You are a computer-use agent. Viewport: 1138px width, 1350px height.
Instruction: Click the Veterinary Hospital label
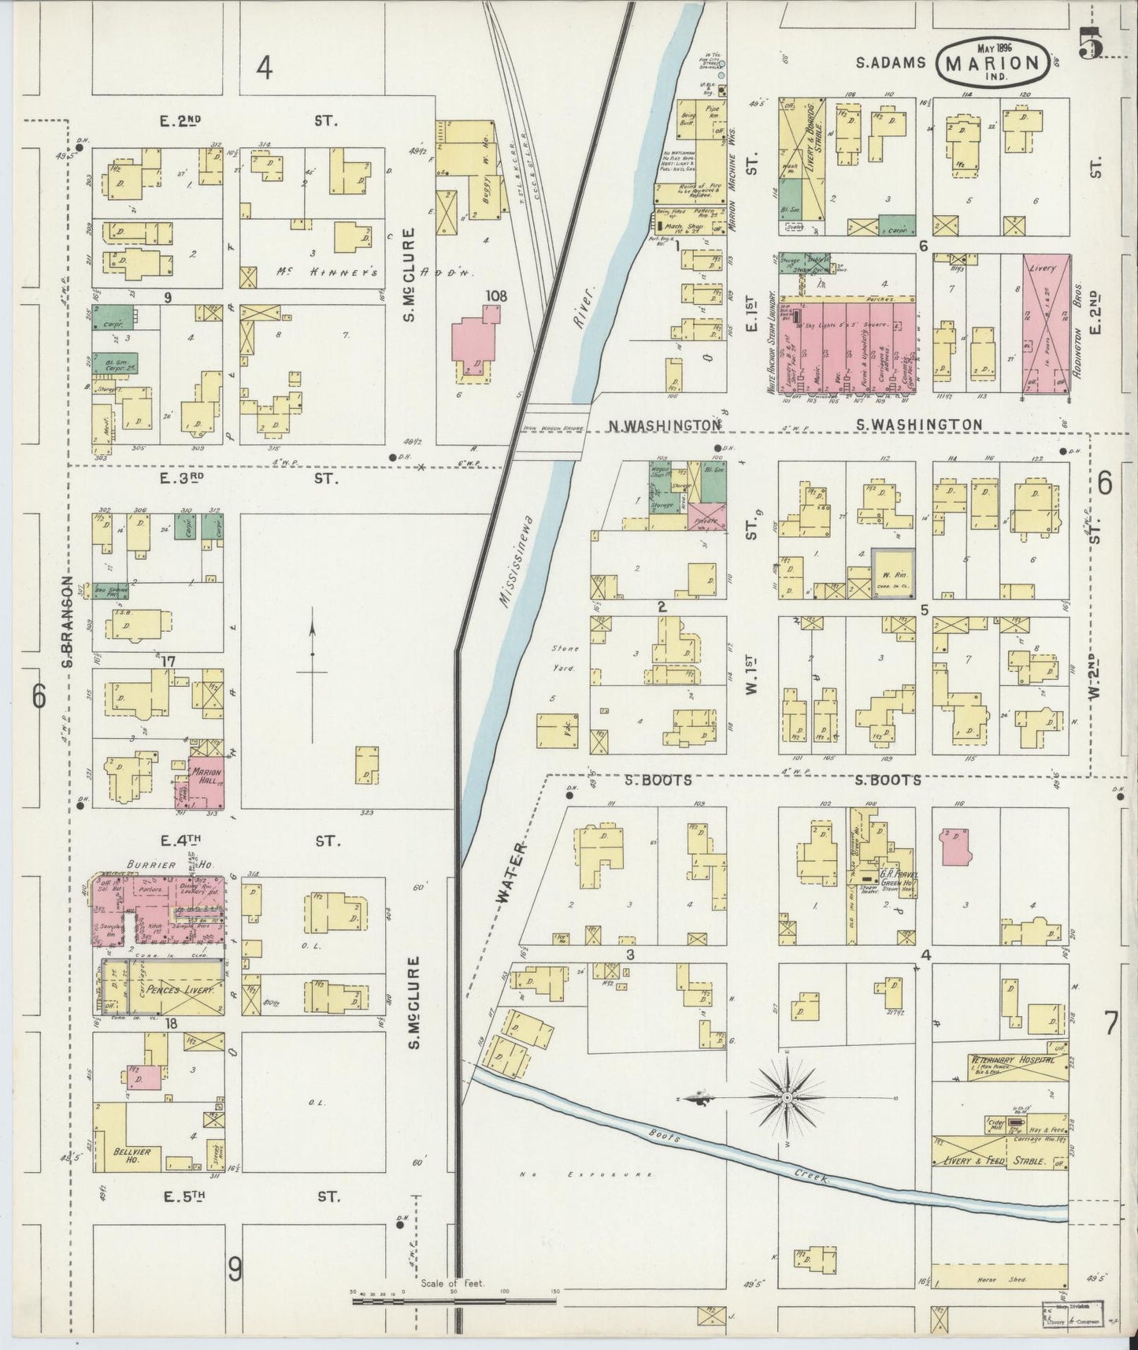click(1012, 1060)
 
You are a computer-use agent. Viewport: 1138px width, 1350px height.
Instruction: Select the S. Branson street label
click(69, 622)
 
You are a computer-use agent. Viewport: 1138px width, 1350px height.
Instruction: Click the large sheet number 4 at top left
click(263, 69)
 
